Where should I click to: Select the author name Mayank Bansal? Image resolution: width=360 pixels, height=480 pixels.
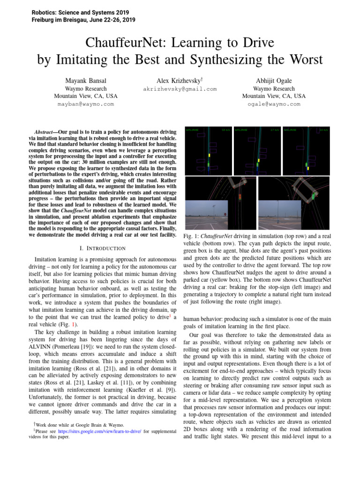(x=86, y=80)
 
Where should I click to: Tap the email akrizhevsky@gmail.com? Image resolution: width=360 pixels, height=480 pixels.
(x=180, y=89)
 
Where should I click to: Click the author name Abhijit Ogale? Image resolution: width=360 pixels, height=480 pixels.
(x=274, y=80)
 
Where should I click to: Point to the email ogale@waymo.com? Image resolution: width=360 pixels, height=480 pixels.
(x=274, y=104)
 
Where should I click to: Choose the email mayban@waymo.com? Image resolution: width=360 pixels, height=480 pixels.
(x=86, y=104)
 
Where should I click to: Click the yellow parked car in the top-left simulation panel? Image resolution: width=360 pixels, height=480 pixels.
(x=210, y=154)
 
